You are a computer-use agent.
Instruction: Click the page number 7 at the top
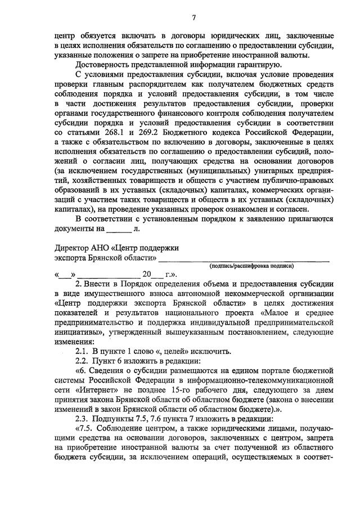[193, 17]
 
